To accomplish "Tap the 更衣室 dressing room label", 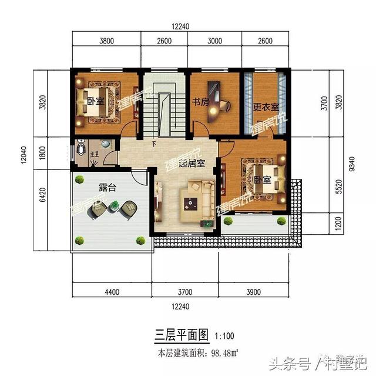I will point(266,109).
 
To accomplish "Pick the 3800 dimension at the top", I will point(106,41).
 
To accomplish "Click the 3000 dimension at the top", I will point(216,41).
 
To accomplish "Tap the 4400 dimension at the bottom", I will point(112,292).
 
